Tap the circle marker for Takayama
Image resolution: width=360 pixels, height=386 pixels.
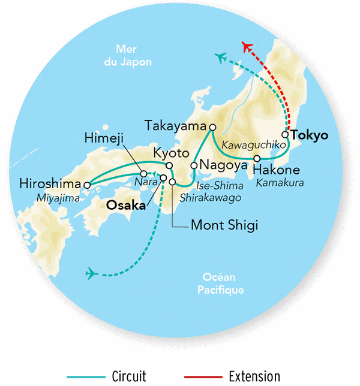pyautogui.click(x=212, y=127)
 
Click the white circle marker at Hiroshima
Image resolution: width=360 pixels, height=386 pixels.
pyautogui.click(x=88, y=186)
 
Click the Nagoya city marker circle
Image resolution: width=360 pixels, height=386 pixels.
pyautogui.click(x=194, y=165)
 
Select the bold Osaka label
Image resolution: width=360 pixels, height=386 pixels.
pyautogui.click(x=126, y=205)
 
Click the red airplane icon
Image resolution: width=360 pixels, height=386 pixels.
pyautogui.click(x=247, y=47)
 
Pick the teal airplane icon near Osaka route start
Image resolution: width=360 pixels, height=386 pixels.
pyautogui.click(x=92, y=274)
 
